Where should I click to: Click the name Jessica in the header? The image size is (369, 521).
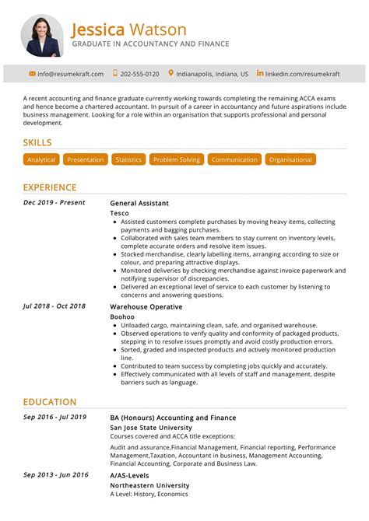coord(98,30)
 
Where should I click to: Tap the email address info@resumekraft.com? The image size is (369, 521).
coord(71,74)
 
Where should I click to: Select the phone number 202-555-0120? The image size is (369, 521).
coord(141,74)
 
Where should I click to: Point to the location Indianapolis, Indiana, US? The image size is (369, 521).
coord(213,74)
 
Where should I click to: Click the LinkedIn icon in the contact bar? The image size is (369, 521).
coord(260,73)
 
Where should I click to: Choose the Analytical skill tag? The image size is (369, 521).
coord(41,159)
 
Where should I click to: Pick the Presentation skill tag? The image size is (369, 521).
coord(86,159)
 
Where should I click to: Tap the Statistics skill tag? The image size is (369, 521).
coord(128,159)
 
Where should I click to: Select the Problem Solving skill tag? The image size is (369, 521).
coord(177,159)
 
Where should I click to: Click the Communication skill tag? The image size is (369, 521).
coord(234,159)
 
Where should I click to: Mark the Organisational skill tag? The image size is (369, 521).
coord(290,159)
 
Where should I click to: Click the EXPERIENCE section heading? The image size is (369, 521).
coord(50,187)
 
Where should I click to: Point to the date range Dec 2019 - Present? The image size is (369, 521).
coord(54,203)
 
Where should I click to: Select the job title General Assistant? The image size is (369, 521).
coord(139,203)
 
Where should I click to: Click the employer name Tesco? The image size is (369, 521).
coord(119,213)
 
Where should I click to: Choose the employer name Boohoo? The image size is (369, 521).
coord(122,316)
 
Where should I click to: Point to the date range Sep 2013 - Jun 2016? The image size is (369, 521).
coord(55,474)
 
